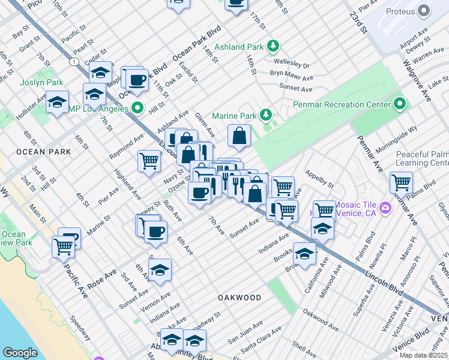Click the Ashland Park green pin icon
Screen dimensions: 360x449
(273, 46)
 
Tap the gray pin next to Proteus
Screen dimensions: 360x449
(426, 11)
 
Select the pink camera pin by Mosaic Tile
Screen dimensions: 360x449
(385, 208)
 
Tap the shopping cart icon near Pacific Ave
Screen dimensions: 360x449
(63, 246)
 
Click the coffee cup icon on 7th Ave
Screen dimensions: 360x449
(199, 193)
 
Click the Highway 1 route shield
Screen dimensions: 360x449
(73, 62)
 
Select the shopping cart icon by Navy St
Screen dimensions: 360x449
(149, 161)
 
